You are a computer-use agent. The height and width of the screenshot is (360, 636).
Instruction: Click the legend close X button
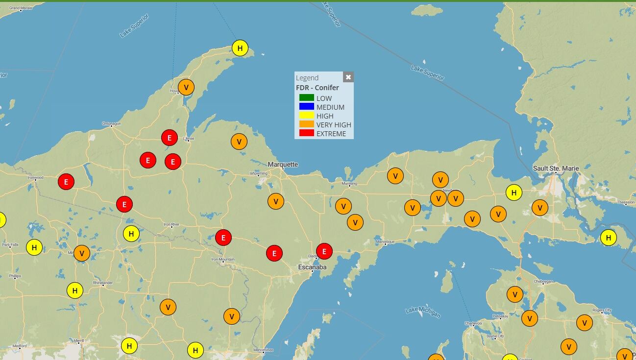tap(348, 77)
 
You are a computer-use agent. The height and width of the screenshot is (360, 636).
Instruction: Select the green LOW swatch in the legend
tap(307, 98)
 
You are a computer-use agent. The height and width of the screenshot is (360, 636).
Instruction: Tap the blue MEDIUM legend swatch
tap(307, 107)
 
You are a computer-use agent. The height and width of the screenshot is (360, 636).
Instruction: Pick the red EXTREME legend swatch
tap(307, 133)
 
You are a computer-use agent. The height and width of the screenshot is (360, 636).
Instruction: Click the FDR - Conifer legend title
tap(317, 88)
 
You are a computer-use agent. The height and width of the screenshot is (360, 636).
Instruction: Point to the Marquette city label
tap(283, 165)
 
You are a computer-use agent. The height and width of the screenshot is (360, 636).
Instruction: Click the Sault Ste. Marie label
tap(556, 168)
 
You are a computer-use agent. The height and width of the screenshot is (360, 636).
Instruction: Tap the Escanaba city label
tap(312, 267)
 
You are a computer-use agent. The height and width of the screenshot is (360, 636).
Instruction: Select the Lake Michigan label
tap(423, 312)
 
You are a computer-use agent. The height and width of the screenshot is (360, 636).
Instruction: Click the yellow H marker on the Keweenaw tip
tap(240, 48)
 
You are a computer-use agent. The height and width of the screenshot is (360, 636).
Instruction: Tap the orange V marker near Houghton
tap(186, 87)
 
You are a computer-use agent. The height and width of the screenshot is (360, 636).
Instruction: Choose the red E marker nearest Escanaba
tap(324, 251)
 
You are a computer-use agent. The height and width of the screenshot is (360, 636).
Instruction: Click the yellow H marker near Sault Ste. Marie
tap(514, 192)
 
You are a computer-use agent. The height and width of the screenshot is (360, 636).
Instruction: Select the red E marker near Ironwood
tap(66, 182)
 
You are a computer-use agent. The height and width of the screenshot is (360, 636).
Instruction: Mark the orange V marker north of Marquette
tap(239, 142)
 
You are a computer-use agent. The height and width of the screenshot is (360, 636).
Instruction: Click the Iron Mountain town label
tap(223, 259)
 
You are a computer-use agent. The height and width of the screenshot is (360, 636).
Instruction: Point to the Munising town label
tap(349, 184)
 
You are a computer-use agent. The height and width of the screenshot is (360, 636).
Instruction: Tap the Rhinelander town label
tap(103, 283)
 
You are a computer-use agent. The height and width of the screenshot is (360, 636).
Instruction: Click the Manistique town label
tap(385, 242)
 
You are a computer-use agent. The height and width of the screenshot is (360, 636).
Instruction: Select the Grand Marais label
tap(21, 8)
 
